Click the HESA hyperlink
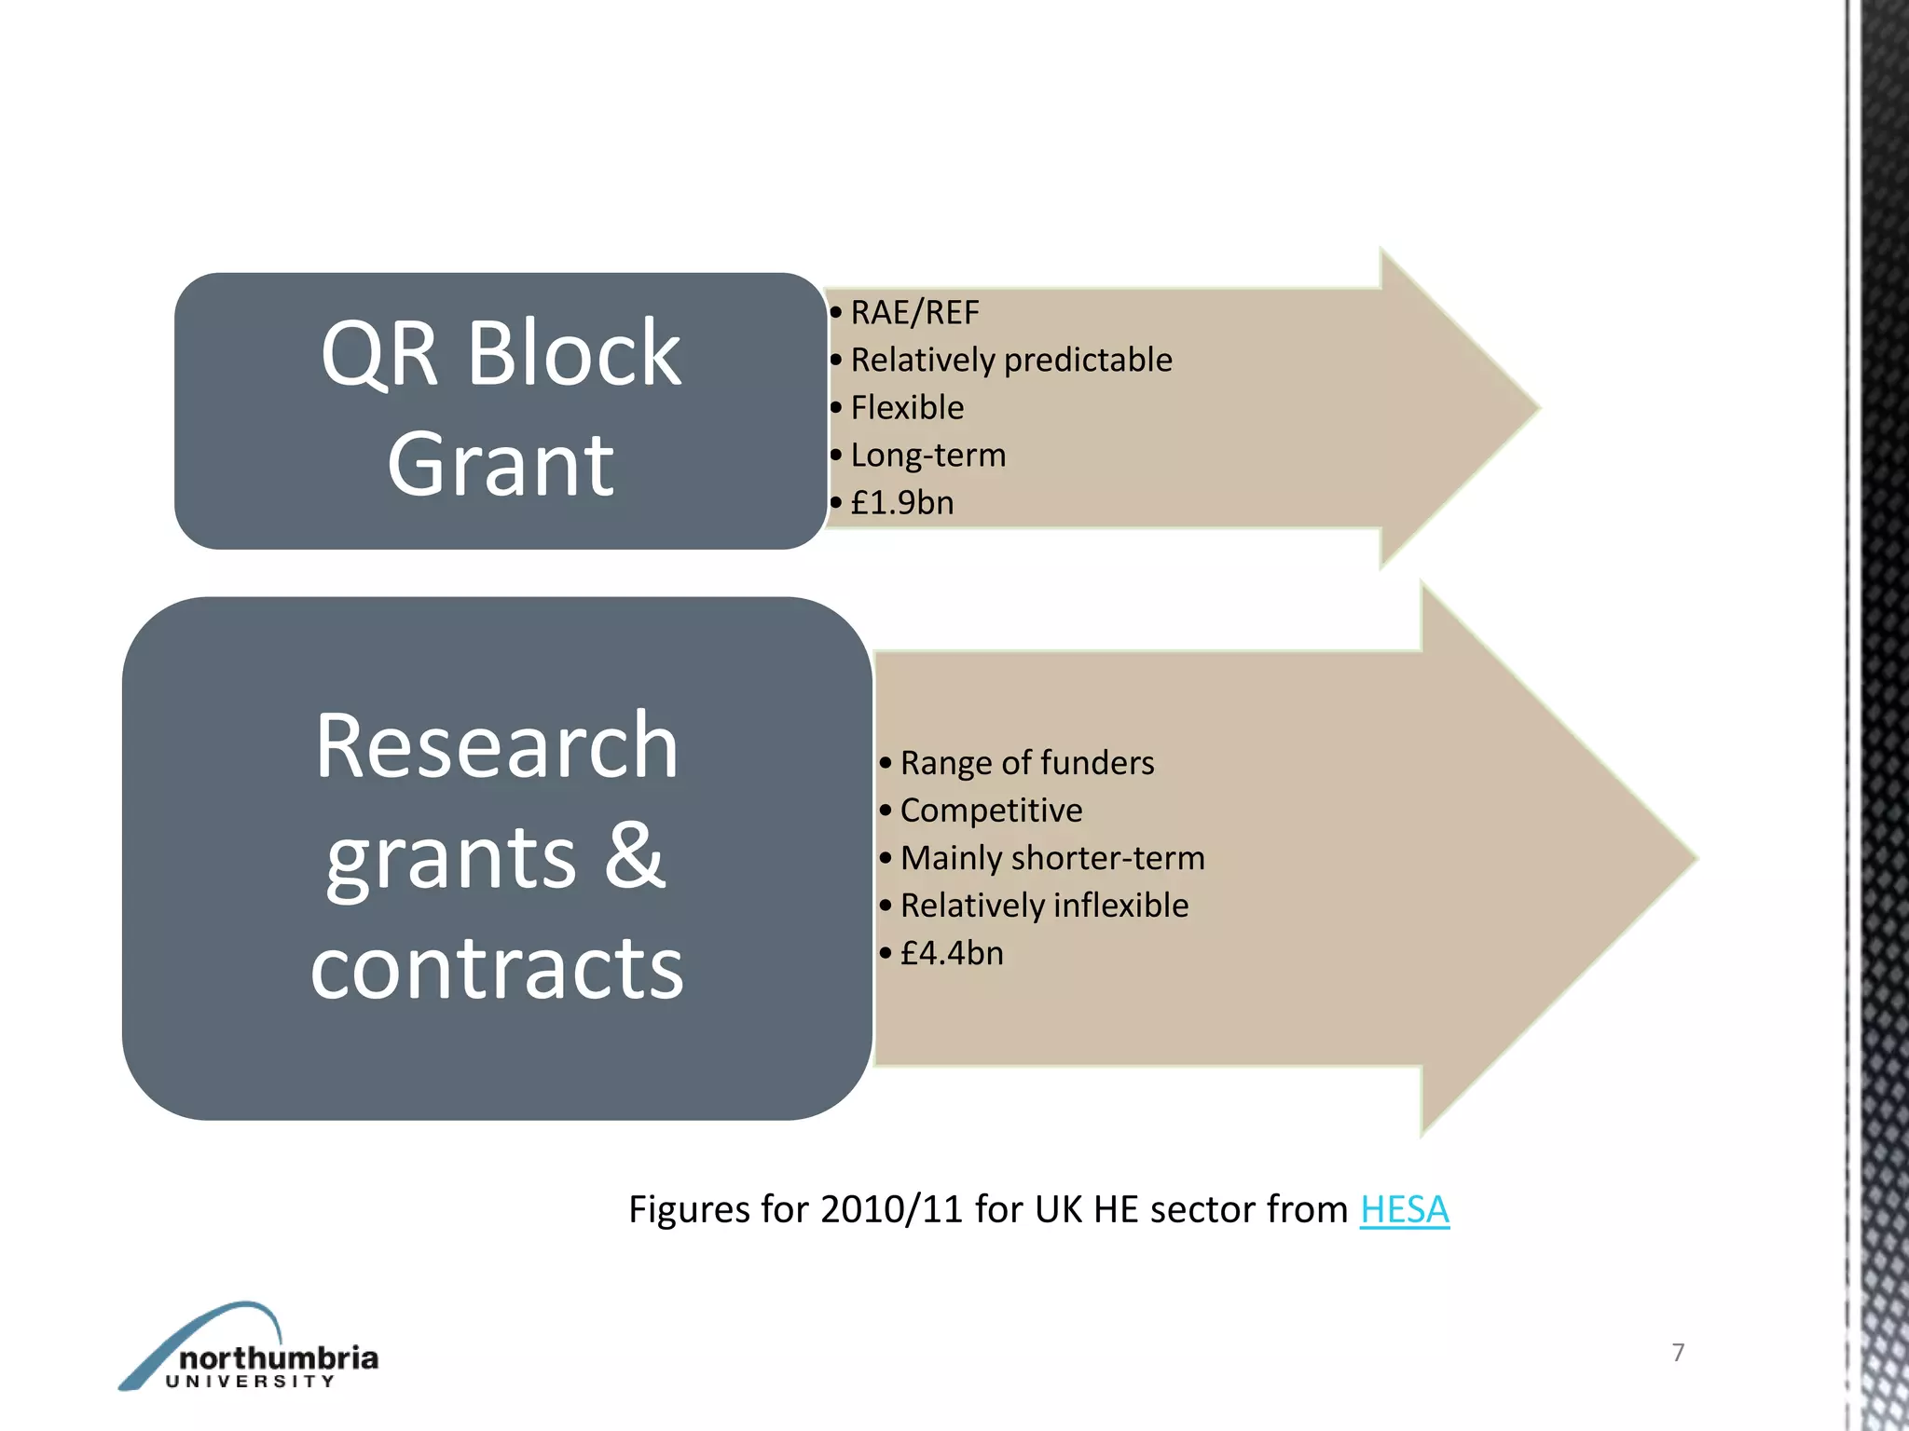[1404, 1210]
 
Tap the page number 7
[1678, 1352]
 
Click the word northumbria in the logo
[278, 1357]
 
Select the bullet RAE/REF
[914, 313]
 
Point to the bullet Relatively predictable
[1011, 361]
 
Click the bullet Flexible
[907, 408]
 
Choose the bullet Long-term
[928, 456]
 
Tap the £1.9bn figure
[902, 503]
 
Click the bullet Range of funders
[1027, 763]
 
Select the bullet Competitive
[991, 811]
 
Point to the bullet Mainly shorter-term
[1052, 858]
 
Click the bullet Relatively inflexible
[1044, 906]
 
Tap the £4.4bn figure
[952, 953]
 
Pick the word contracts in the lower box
[497, 969]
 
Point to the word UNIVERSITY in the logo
[250, 1382]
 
